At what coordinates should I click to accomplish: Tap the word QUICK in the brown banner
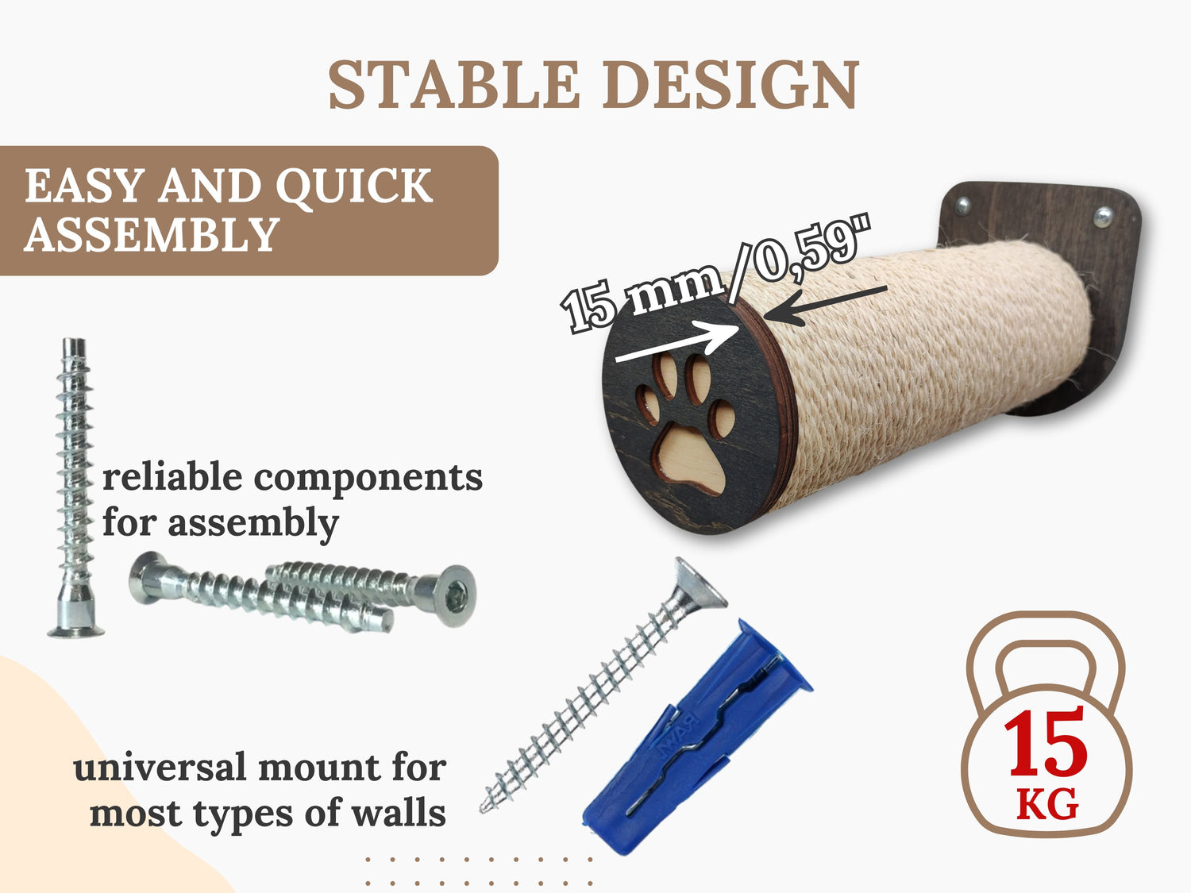(x=354, y=187)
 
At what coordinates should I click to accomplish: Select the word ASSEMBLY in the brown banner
(x=152, y=234)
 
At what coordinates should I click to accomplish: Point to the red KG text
(x=1047, y=805)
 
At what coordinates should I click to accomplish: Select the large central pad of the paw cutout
(x=690, y=459)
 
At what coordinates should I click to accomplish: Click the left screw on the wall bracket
(x=963, y=206)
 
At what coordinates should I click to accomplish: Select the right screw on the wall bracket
(x=1103, y=217)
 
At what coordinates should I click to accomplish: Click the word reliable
(x=172, y=476)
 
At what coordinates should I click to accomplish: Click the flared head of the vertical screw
(x=76, y=628)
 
